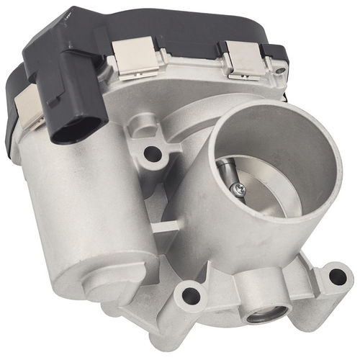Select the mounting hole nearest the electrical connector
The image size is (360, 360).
click(152, 153)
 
